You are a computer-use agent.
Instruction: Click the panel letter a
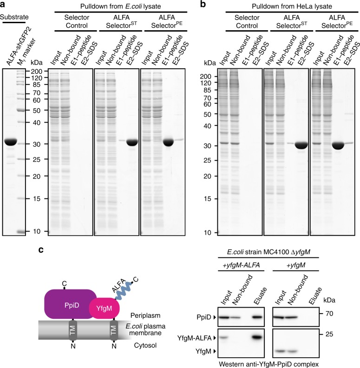(4, 5)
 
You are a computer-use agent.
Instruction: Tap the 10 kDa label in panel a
(39, 231)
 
